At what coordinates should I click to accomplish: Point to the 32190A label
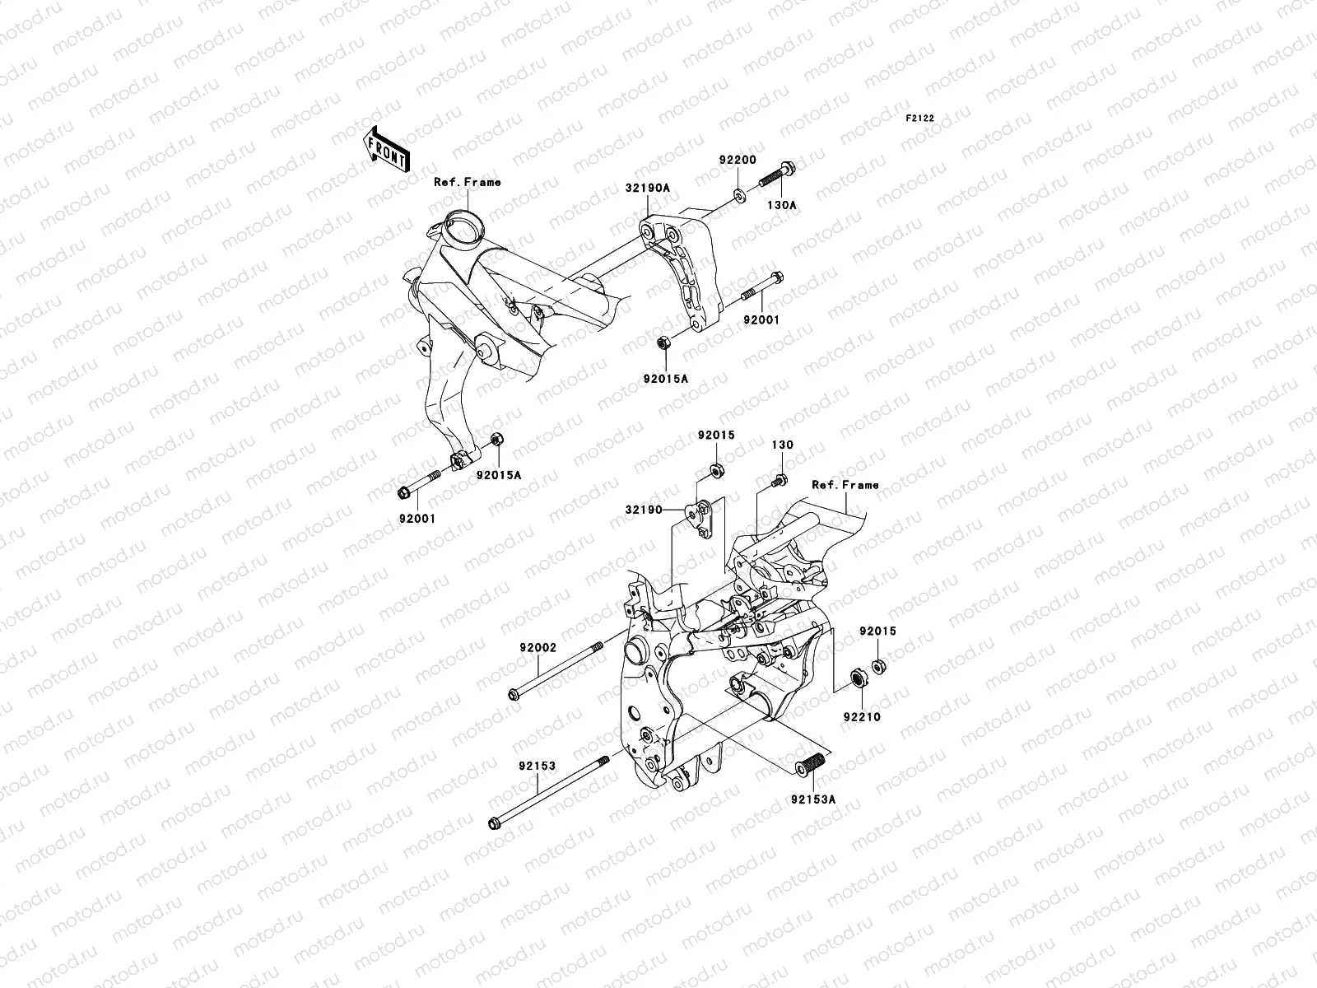(652, 188)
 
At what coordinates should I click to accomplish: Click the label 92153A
(813, 798)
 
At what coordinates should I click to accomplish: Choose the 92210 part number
(861, 717)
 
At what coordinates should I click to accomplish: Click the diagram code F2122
(922, 119)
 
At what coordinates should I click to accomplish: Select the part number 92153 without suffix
(537, 766)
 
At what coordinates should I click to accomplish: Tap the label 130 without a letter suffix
(782, 445)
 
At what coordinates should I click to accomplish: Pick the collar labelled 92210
(857, 679)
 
